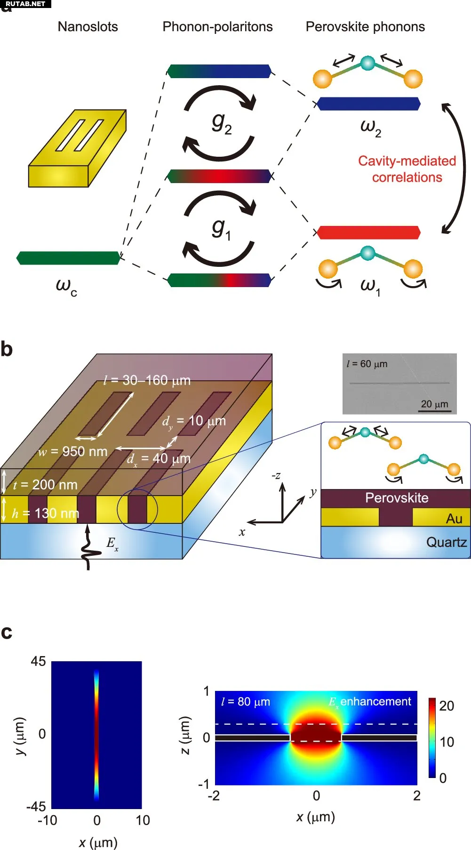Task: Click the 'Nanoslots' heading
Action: pyautogui.click(x=88, y=27)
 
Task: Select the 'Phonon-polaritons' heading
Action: pyautogui.click(x=217, y=27)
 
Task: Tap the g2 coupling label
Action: pyautogui.click(x=221, y=123)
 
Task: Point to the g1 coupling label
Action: pyautogui.click(x=221, y=229)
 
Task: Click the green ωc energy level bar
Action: pyautogui.click(x=68, y=258)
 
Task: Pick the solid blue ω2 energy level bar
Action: pyautogui.click(x=368, y=104)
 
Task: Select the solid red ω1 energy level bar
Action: pyautogui.click(x=368, y=233)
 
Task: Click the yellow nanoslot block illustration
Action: pyautogui.click(x=77, y=148)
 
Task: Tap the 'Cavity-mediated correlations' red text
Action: pyautogui.click(x=407, y=169)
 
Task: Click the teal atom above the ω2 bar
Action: pyautogui.click(x=367, y=63)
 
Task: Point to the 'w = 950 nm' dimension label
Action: pyautogui.click(x=73, y=452)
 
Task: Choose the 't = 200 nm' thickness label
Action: pyautogui.click(x=45, y=485)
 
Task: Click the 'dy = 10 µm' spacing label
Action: pyautogui.click(x=194, y=421)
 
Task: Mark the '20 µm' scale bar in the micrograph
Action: pyautogui.click(x=434, y=411)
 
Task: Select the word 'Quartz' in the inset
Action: pyautogui.click(x=446, y=542)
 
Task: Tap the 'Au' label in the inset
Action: pyautogui.click(x=454, y=519)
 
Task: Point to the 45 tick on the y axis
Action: pyautogui.click(x=39, y=662)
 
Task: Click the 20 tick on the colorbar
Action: pyautogui.click(x=447, y=706)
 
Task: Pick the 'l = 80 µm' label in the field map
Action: pyautogui.click(x=246, y=702)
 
